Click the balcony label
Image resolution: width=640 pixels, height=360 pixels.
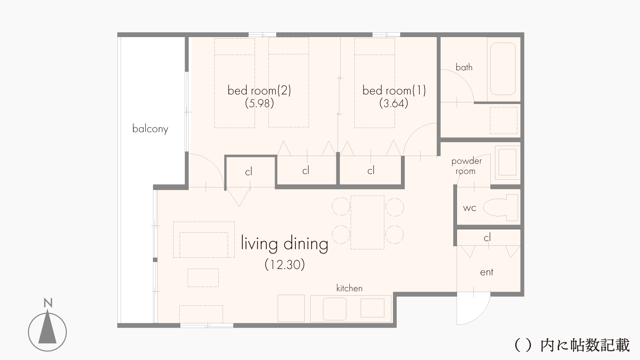[x=150, y=129]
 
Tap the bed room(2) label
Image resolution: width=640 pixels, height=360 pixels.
[x=259, y=90]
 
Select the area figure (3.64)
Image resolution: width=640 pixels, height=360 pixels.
[x=394, y=103]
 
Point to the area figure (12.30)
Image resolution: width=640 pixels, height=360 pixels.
[x=285, y=265]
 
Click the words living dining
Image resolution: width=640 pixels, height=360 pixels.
[x=284, y=244]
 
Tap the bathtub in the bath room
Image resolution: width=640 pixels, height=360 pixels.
[x=503, y=69]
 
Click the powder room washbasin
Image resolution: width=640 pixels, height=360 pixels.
[x=507, y=162]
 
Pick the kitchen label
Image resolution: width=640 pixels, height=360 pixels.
[x=349, y=288]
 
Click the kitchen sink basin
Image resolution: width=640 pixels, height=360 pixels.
[x=334, y=309]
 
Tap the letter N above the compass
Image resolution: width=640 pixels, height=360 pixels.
[x=48, y=303]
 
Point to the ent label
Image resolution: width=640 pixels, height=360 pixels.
[x=487, y=272]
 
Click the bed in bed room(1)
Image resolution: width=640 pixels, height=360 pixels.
[x=375, y=83]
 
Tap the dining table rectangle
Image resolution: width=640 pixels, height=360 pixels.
[x=367, y=222]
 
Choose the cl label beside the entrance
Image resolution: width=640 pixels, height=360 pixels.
[x=487, y=238]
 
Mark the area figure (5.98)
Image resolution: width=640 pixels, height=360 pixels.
[x=259, y=103]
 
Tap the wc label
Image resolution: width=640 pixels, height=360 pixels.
[x=470, y=208]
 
